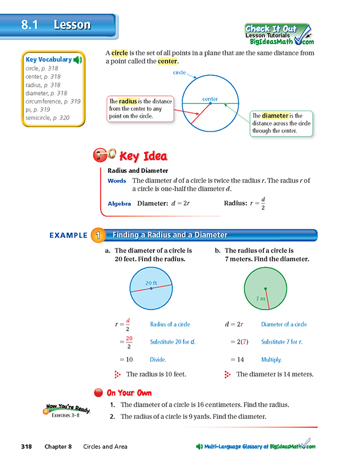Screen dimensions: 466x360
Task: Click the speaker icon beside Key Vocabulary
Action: click(78, 59)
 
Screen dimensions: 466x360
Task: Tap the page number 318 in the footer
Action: click(26, 447)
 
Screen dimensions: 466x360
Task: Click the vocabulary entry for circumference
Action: click(53, 101)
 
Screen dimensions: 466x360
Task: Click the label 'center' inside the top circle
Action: click(209, 99)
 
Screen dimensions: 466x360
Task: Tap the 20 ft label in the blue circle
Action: click(152, 283)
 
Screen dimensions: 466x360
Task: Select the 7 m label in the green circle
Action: click(261, 299)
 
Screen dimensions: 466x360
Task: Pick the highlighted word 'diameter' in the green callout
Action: click(275, 116)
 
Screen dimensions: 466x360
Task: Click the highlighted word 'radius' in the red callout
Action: click(128, 101)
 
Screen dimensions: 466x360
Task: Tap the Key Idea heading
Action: click(143, 157)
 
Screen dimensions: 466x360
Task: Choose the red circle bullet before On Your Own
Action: click(98, 392)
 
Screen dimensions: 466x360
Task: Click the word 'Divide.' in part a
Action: click(158, 360)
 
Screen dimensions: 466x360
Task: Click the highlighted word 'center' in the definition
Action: click(167, 62)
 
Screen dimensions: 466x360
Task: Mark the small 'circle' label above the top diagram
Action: click(179, 73)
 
